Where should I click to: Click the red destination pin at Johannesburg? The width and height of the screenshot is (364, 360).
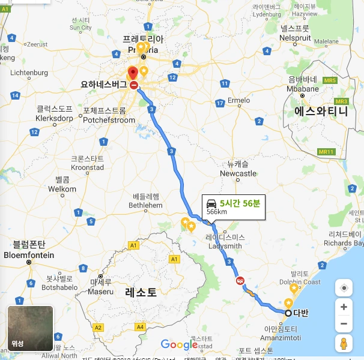tap(133, 73)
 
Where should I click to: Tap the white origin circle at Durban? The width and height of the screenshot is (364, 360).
tap(288, 313)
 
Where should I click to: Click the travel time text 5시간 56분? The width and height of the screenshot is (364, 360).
tap(240, 203)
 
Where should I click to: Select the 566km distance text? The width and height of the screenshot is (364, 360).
tap(216, 212)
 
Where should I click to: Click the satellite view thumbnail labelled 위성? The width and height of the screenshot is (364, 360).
tap(30, 328)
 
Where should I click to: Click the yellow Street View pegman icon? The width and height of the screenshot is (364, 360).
tap(344, 344)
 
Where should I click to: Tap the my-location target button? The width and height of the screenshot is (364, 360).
tap(344, 288)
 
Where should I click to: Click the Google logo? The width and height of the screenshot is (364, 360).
tap(179, 344)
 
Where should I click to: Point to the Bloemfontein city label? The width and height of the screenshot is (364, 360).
tap(29, 255)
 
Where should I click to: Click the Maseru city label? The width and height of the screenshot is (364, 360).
tap(101, 292)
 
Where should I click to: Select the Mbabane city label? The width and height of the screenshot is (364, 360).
tap(302, 88)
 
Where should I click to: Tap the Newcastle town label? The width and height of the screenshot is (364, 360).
tap(238, 173)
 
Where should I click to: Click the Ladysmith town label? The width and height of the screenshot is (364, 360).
tap(224, 246)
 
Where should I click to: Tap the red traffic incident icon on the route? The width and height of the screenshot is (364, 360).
tap(240, 280)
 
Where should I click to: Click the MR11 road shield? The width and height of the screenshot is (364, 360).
tap(326, 152)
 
